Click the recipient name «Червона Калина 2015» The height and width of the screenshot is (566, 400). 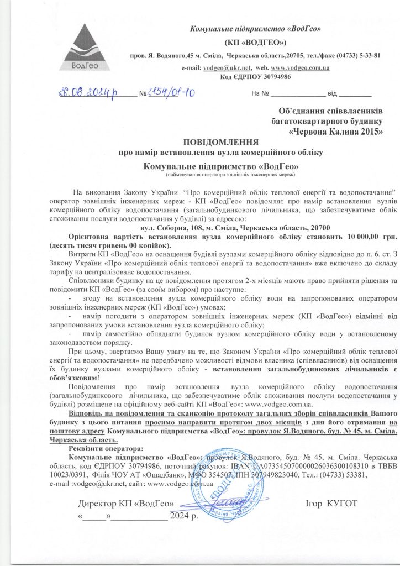coord(336,132)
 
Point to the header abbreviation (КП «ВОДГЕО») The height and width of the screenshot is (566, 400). coord(255,42)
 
